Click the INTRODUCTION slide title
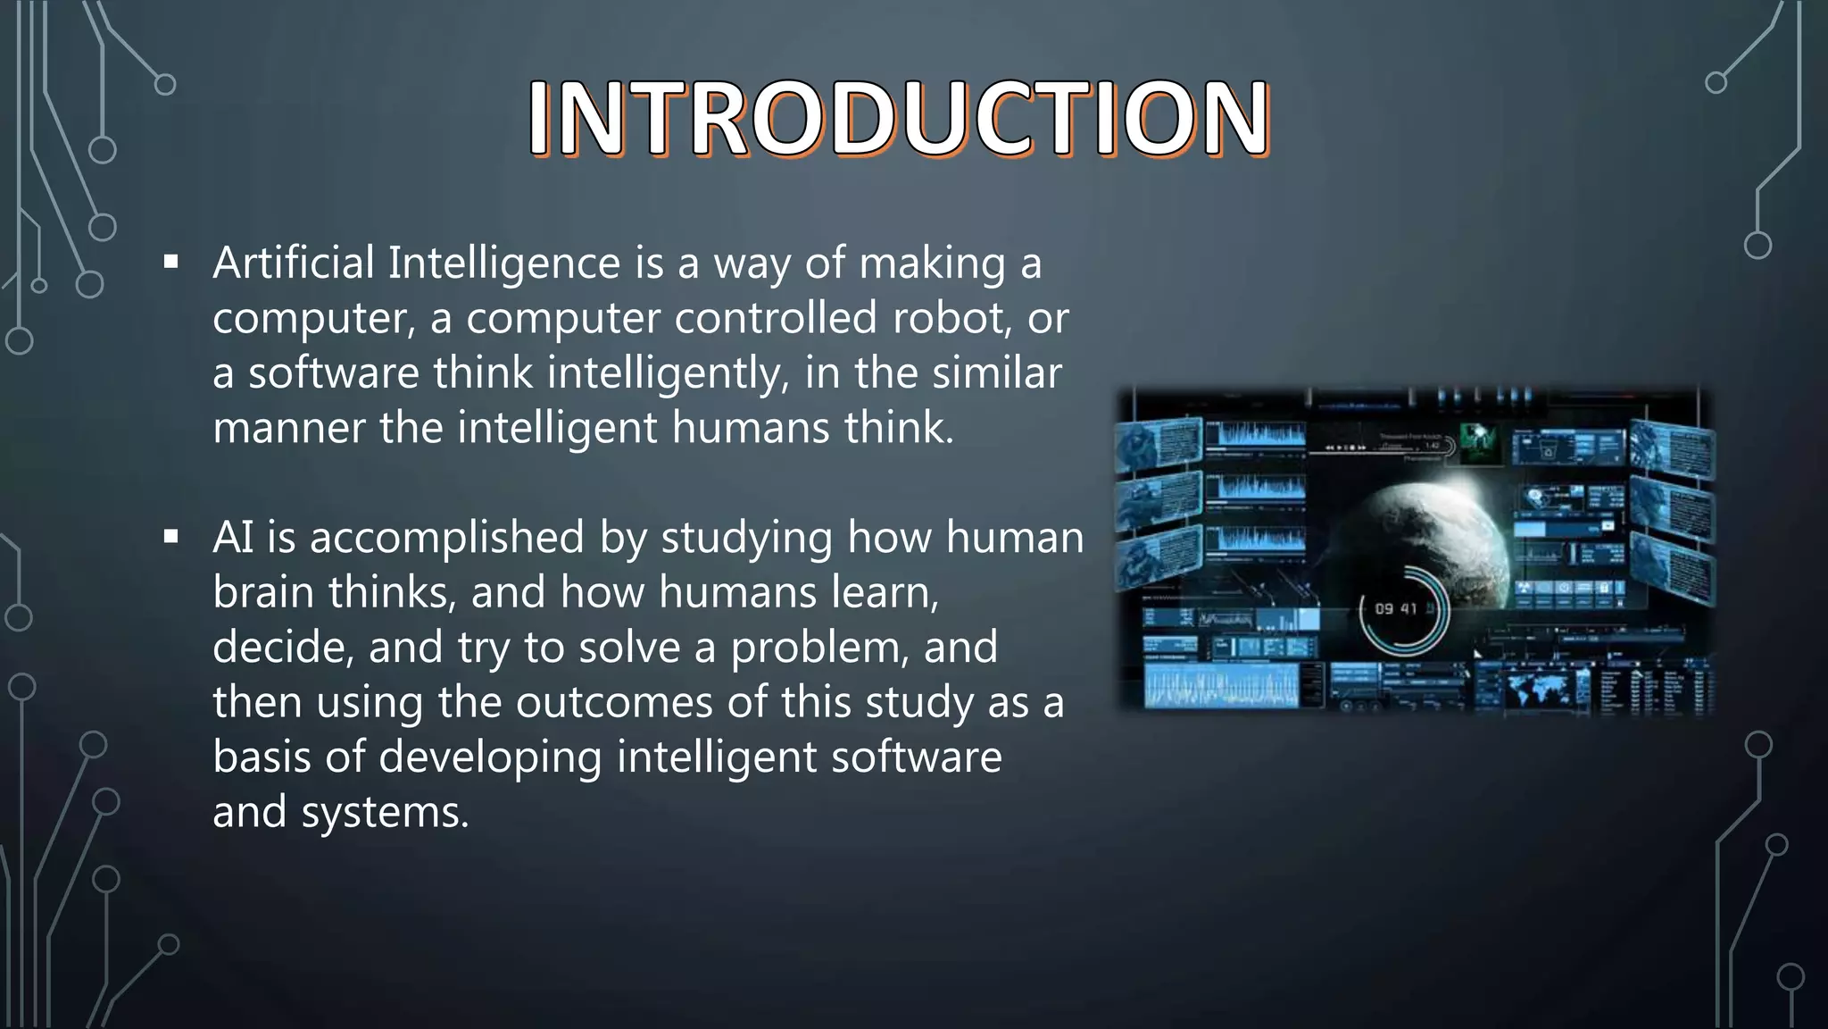pos(899,118)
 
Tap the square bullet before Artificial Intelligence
pos(171,263)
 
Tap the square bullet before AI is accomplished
pos(171,537)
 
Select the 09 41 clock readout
pos(1396,609)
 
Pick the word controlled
pos(776,318)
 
